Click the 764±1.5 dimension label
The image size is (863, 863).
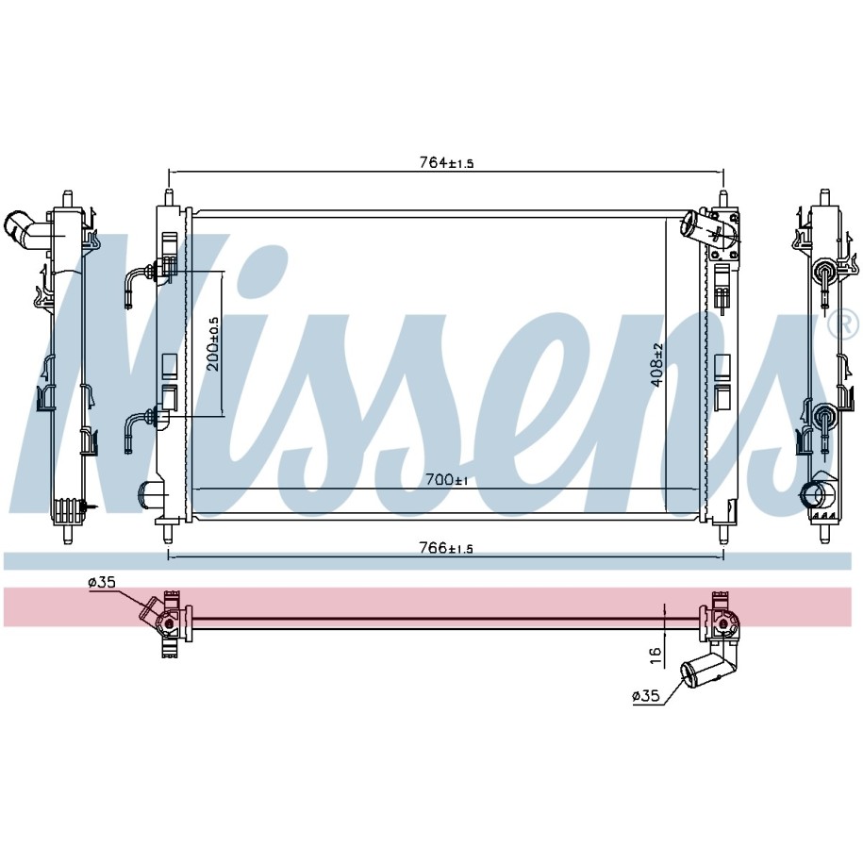coord(446,162)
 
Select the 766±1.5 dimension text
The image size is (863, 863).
coord(446,548)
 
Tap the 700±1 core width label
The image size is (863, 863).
coord(447,480)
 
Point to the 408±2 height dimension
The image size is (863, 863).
coord(657,365)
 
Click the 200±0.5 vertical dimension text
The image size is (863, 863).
coord(213,344)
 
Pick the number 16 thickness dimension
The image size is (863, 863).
coord(655,655)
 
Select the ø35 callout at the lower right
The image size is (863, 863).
coord(645,696)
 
